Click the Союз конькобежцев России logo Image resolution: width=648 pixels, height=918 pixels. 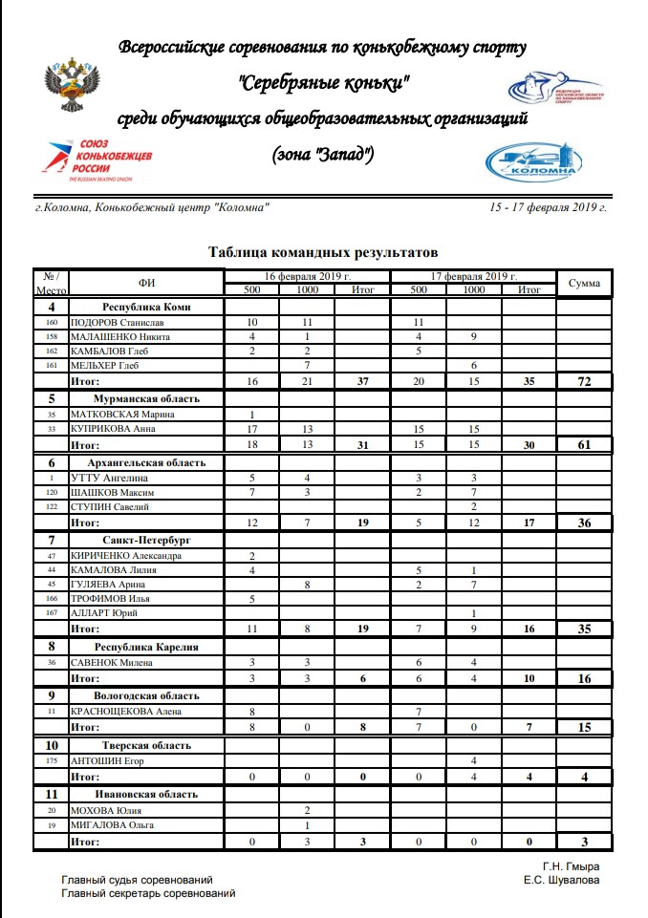96,158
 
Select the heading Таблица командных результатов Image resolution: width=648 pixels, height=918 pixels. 323,252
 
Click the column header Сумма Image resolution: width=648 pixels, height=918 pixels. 584,284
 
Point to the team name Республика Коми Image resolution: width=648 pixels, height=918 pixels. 147,307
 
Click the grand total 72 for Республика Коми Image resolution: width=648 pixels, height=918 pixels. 584,381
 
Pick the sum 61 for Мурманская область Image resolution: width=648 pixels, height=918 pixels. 584,444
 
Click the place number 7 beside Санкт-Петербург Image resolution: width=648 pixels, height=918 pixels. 52,540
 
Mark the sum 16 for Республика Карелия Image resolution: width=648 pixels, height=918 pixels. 584,678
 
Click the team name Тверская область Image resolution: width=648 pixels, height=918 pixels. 146,745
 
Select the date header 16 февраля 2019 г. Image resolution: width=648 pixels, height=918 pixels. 307,276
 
